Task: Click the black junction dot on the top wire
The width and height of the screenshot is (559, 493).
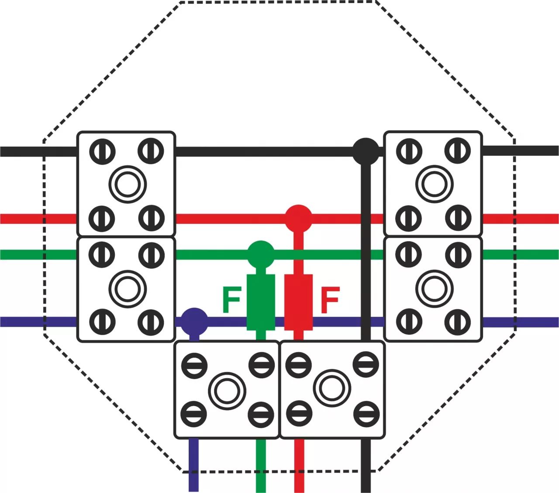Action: (x=366, y=151)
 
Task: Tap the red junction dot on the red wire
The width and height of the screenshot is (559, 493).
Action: (x=298, y=219)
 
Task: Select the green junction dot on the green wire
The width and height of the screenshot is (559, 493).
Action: (x=261, y=254)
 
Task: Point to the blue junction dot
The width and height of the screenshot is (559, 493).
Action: (x=194, y=322)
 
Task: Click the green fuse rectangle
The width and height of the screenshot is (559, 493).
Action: (x=261, y=302)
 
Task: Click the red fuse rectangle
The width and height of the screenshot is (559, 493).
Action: (x=299, y=302)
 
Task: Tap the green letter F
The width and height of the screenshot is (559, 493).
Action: (x=232, y=300)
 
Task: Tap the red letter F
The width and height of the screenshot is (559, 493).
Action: (x=330, y=300)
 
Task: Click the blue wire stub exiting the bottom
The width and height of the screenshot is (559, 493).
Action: (x=194, y=465)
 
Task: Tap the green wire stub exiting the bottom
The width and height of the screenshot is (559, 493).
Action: (x=261, y=466)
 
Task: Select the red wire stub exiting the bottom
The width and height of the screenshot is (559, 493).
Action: (x=299, y=466)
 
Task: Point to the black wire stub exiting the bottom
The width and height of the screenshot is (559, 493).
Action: (x=366, y=466)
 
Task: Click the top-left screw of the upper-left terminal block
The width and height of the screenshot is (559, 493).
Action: (x=102, y=152)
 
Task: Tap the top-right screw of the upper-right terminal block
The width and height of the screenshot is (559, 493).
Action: (x=458, y=151)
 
